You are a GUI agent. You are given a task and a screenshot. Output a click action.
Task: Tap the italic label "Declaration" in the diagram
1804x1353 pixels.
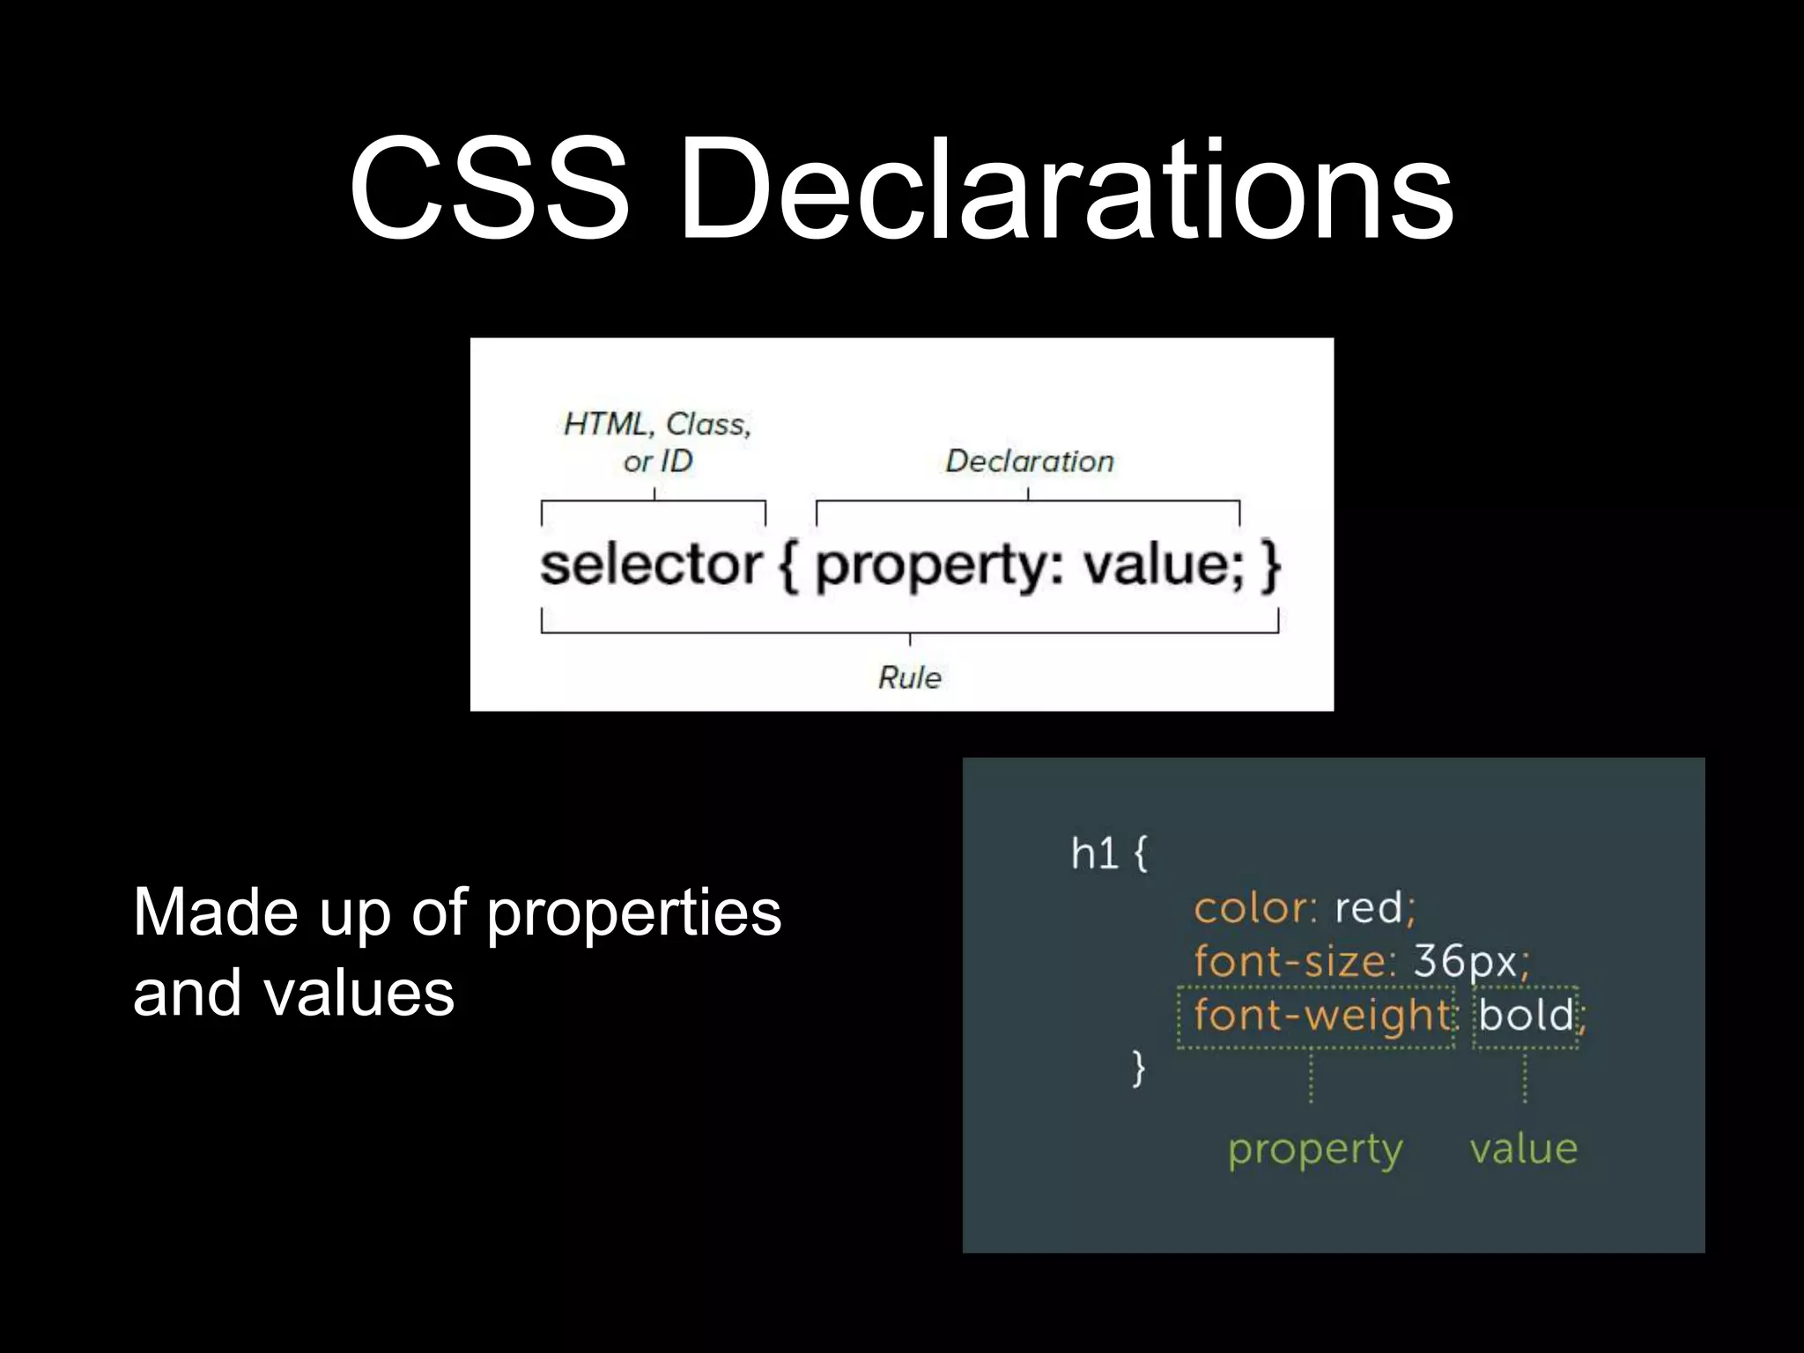coord(1029,461)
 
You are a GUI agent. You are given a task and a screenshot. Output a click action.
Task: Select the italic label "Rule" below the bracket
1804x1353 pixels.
coord(909,677)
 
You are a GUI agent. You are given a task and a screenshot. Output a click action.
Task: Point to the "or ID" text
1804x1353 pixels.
coord(657,461)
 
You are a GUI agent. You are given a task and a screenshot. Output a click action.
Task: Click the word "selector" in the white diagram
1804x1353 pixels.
coord(651,565)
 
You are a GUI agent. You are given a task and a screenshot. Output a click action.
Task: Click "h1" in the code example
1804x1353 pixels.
coord(1094,853)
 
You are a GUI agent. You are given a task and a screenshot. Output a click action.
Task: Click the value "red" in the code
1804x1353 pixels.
coord(1368,908)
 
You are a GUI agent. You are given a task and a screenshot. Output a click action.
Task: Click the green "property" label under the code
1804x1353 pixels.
coord(1315,1150)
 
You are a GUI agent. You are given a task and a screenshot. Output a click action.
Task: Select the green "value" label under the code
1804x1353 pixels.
coord(1523,1149)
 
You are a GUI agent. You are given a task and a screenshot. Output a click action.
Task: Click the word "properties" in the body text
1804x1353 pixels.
coord(633,914)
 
